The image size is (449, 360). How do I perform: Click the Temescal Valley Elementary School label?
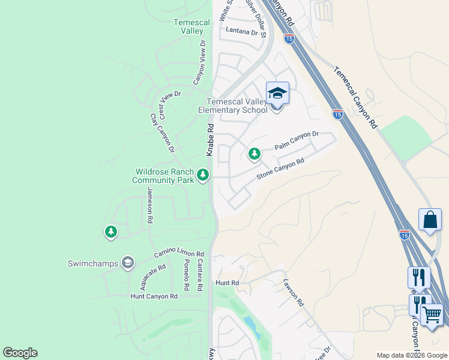(237, 106)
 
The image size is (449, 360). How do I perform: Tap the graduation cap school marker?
(277, 94)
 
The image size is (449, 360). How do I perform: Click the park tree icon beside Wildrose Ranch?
(203, 175)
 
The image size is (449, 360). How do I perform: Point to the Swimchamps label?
(92, 263)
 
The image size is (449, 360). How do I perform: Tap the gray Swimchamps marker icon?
(127, 262)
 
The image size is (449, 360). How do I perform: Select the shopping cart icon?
(432, 314)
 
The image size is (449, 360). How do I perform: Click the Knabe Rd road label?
(211, 140)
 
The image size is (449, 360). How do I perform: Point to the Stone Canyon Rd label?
(280, 169)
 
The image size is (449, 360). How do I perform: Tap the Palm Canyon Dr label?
(296, 141)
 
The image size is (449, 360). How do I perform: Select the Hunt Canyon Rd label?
(154, 296)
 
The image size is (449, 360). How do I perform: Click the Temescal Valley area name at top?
(191, 26)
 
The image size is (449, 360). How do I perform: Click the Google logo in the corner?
(20, 353)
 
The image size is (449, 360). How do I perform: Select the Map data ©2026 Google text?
(412, 355)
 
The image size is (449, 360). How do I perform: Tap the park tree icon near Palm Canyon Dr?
(255, 154)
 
